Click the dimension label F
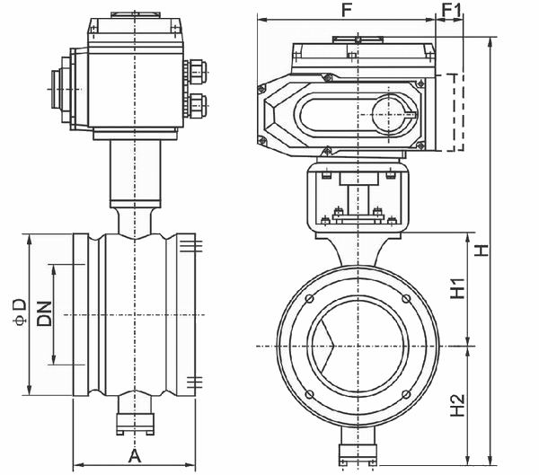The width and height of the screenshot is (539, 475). click(347, 10)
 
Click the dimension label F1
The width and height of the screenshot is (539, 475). click(451, 10)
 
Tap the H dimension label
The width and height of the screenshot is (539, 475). click(482, 250)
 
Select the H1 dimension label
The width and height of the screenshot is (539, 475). click(458, 287)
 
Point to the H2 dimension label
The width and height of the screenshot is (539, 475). click(458, 406)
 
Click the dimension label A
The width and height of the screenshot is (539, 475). click(135, 456)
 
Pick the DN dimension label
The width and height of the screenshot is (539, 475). click(45, 313)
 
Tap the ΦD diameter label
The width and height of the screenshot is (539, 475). click(20, 312)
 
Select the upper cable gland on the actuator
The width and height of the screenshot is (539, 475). click(196, 71)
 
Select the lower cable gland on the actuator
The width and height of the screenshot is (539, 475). click(196, 105)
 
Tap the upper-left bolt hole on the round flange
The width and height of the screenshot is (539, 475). click(309, 299)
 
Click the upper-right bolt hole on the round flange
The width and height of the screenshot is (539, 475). click(406, 299)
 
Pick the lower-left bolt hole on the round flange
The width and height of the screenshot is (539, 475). click(309, 394)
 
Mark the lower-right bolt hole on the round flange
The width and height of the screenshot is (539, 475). click(406, 394)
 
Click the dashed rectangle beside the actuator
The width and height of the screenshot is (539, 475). click(463, 112)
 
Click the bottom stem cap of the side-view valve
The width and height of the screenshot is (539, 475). click(135, 424)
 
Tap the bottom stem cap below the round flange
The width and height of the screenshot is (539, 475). click(358, 454)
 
